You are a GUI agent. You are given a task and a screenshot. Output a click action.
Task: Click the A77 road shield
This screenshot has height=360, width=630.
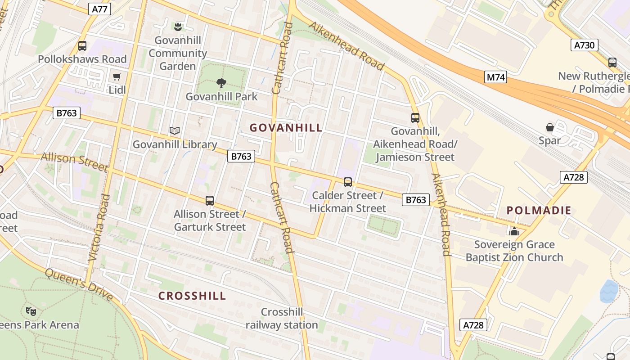[x=99, y=9]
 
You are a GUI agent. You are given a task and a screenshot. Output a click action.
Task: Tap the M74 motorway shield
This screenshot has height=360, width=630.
[x=496, y=77]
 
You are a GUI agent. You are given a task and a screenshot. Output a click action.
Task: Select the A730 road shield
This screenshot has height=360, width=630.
[x=585, y=45]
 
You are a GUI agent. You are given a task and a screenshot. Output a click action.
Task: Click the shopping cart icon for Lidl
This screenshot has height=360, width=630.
[x=117, y=76]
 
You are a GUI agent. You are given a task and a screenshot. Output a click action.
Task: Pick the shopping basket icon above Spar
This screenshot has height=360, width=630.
[x=549, y=127]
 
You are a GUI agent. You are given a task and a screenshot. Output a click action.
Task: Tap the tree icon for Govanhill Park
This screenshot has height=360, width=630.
[x=221, y=83]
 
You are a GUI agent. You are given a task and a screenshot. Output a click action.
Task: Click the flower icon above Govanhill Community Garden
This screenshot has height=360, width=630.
[x=178, y=27]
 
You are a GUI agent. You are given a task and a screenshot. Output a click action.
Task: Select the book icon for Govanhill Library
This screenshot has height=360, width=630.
[x=175, y=131]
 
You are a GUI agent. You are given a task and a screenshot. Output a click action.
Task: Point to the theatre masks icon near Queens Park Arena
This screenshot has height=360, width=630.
[x=31, y=311]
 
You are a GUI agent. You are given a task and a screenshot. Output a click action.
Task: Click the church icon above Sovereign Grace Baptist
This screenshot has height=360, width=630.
[x=514, y=231]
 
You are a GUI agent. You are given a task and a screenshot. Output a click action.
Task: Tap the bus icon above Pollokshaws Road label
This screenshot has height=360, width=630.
[x=82, y=45]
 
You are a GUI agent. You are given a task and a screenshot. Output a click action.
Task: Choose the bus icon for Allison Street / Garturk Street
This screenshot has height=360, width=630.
[x=210, y=200]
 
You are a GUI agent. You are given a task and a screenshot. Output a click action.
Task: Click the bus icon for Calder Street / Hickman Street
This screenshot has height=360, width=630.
[x=347, y=182]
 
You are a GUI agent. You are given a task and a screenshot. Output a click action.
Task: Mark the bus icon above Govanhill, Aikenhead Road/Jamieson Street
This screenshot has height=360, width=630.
[x=415, y=118]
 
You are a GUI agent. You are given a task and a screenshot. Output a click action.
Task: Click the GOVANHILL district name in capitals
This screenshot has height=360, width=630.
[x=286, y=128]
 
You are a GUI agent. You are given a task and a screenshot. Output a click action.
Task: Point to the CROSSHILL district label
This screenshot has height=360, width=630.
[x=192, y=296]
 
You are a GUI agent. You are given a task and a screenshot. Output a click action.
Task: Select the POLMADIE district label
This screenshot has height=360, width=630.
[x=539, y=210]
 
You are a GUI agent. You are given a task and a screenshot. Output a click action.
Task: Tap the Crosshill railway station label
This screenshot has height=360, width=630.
[x=282, y=319]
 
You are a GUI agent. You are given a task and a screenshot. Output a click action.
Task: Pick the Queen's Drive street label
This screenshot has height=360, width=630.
[x=79, y=284]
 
